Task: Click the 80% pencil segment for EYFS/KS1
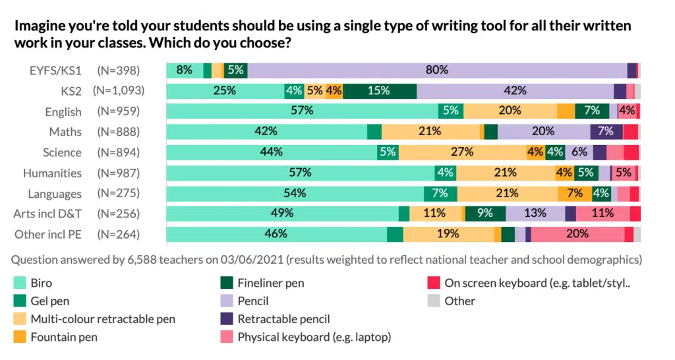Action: [x=438, y=71]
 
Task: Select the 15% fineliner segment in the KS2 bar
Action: [x=379, y=91]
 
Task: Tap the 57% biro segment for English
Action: [x=302, y=111]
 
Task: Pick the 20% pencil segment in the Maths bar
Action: [x=544, y=132]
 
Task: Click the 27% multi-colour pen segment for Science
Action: [x=462, y=152]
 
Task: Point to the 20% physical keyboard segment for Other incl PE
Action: [x=577, y=234]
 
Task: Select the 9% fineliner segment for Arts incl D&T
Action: [x=485, y=214]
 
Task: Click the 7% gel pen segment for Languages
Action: [x=440, y=193]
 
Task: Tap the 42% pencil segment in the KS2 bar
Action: [x=515, y=91]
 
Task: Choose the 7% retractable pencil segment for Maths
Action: [x=606, y=132]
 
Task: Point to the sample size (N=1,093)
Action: [x=119, y=91]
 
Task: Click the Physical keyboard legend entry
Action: [x=314, y=338]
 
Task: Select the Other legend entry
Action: [x=459, y=301]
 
